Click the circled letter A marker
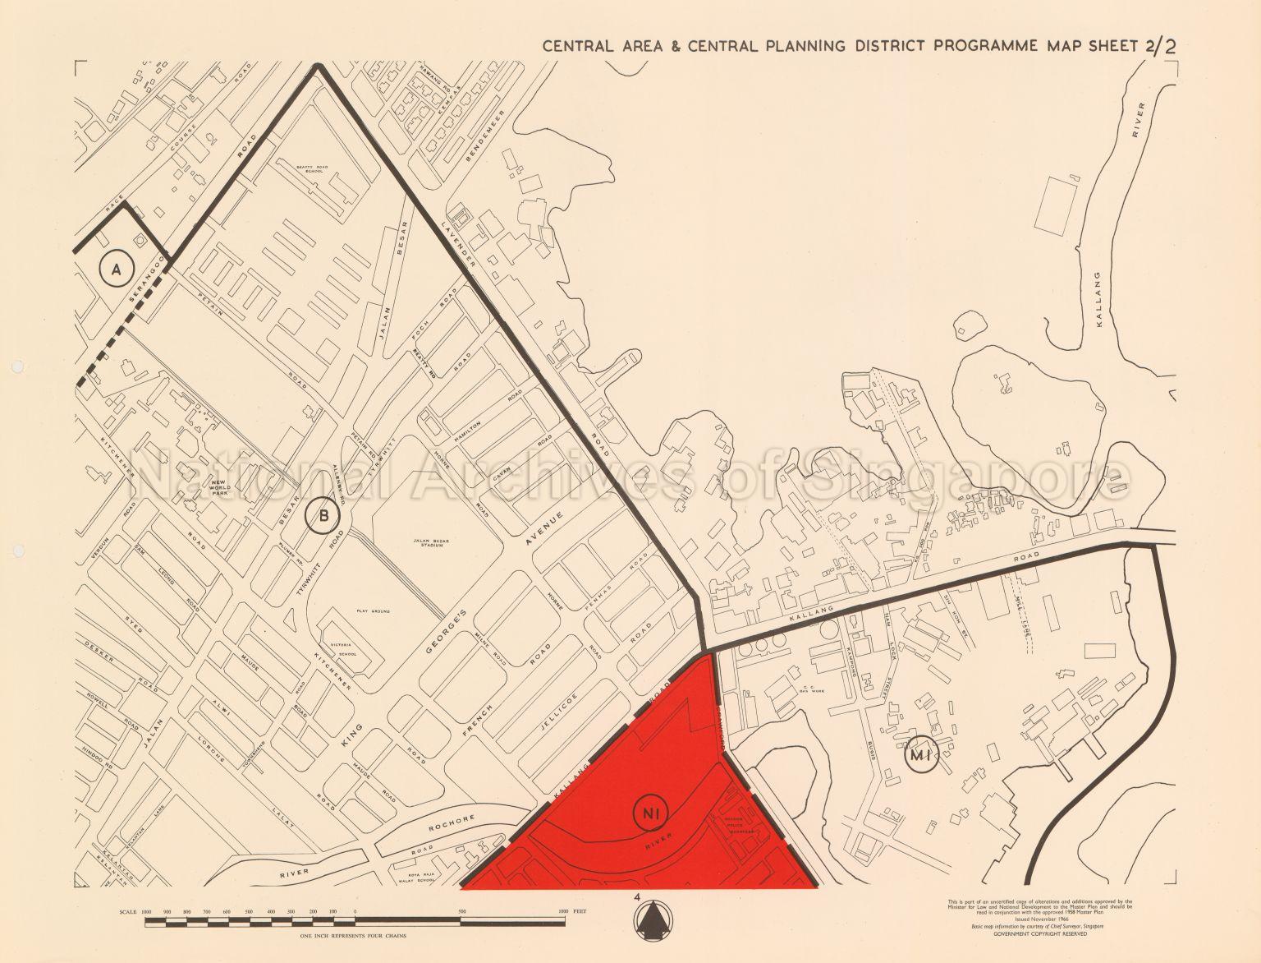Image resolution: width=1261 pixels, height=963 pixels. [x=117, y=268]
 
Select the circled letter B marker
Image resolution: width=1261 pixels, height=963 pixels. [x=322, y=516]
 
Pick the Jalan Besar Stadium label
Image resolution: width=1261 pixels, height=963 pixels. [x=427, y=544]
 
